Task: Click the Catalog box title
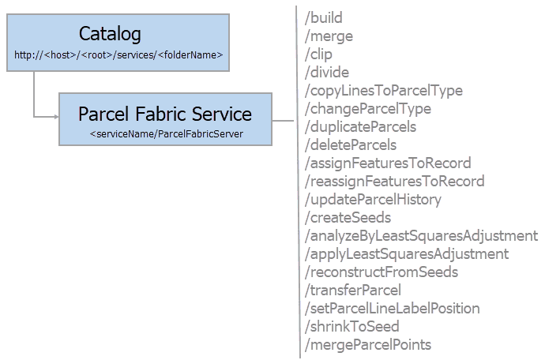coord(110,34)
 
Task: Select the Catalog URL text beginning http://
coord(118,56)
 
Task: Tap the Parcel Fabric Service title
coord(165,114)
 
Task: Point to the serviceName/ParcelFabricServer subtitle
coord(166,134)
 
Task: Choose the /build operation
coord(324,17)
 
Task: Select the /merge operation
coord(329,36)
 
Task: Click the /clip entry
coord(318,54)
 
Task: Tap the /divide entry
coord(326,72)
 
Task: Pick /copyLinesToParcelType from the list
coord(383,90)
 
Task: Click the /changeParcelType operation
coord(367,108)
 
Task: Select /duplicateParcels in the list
coord(360,126)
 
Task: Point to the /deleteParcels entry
coord(351,144)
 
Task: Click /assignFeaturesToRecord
coord(388,163)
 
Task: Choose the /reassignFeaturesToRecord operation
coord(394,181)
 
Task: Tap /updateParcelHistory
coord(373,199)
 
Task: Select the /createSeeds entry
coord(348,217)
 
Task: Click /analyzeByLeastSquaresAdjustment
coord(421,235)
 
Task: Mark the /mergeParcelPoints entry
coord(368,344)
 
